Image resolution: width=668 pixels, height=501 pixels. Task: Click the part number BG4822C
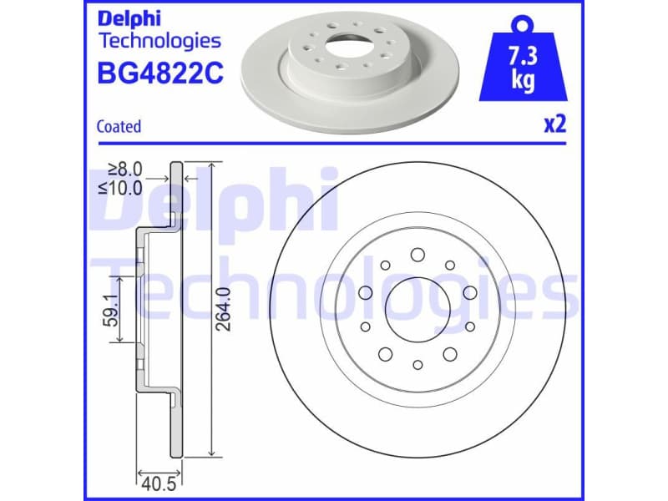(160, 74)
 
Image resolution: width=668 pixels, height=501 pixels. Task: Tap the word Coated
(119, 127)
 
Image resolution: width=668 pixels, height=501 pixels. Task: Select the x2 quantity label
(554, 125)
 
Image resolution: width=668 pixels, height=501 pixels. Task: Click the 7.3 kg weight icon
(523, 63)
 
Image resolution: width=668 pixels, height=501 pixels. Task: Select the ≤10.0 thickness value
(121, 187)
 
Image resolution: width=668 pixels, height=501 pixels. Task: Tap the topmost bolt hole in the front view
(417, 256)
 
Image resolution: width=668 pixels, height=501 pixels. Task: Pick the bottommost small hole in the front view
(417, 364)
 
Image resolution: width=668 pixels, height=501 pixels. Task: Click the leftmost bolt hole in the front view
(365, 292)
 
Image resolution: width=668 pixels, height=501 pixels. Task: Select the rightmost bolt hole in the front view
(470, 292)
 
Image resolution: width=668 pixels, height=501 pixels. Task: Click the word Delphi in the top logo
(129, 18)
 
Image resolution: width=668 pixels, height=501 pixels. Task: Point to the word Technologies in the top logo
(159, 40)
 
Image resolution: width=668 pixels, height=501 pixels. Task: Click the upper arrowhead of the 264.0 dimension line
(215, 167)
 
